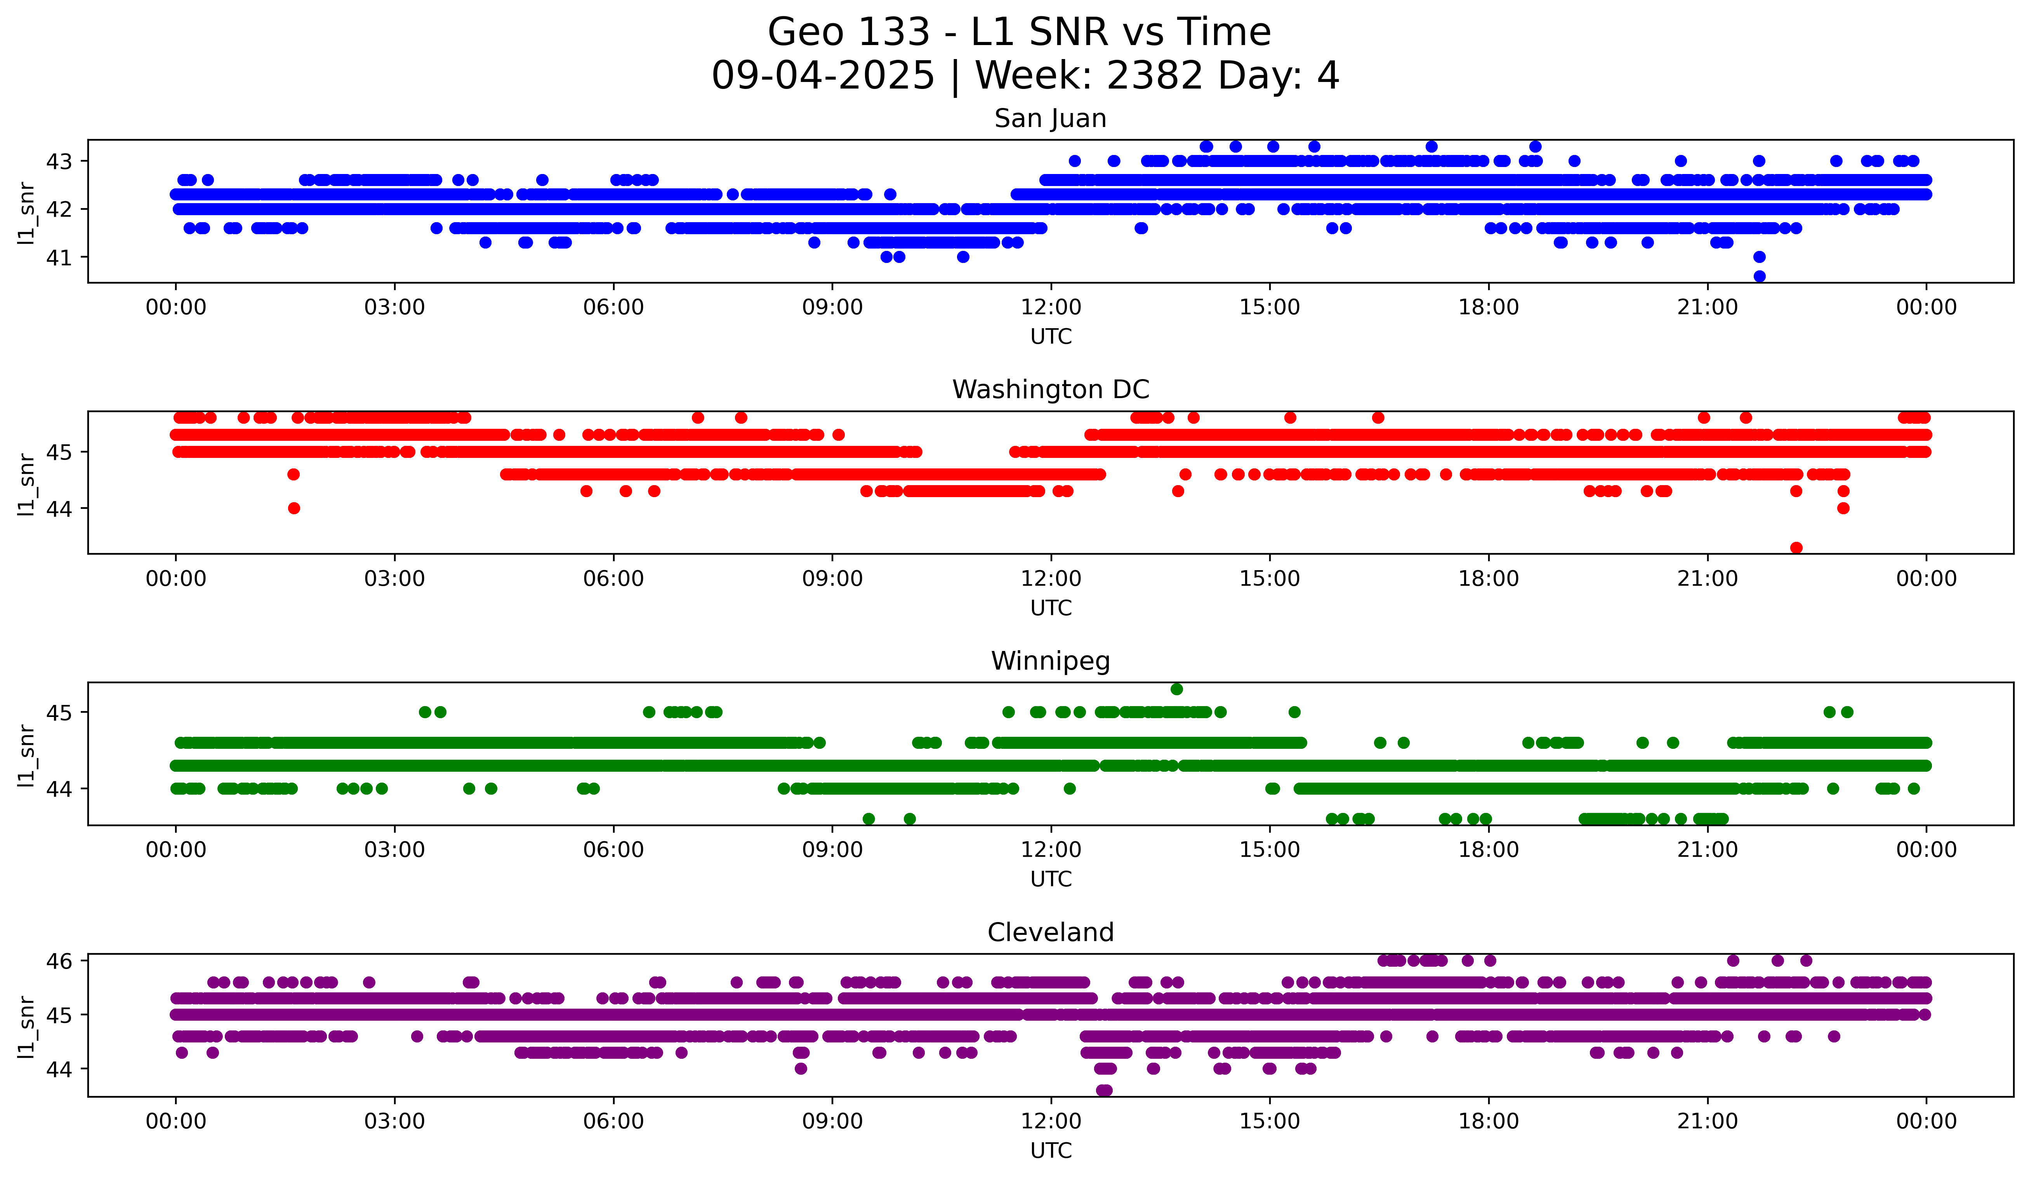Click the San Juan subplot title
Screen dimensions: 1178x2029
1050,118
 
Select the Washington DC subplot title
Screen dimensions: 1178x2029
1050,390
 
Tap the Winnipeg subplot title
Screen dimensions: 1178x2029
1050,661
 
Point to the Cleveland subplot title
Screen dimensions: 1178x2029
1050,933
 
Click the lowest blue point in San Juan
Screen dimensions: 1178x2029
1759,276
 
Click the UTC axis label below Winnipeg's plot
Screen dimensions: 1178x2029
1050,879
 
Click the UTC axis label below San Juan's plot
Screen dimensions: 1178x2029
1050,337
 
